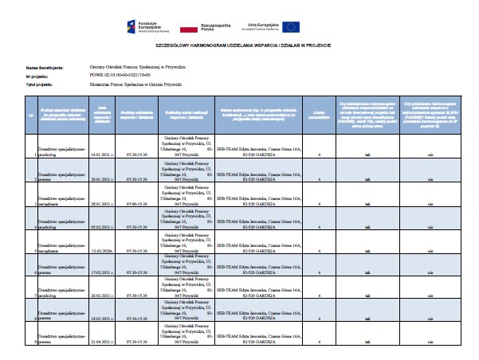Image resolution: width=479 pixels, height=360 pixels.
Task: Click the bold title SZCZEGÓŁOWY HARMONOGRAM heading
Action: [239, 56]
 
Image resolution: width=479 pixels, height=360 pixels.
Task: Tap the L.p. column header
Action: [30, 115]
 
